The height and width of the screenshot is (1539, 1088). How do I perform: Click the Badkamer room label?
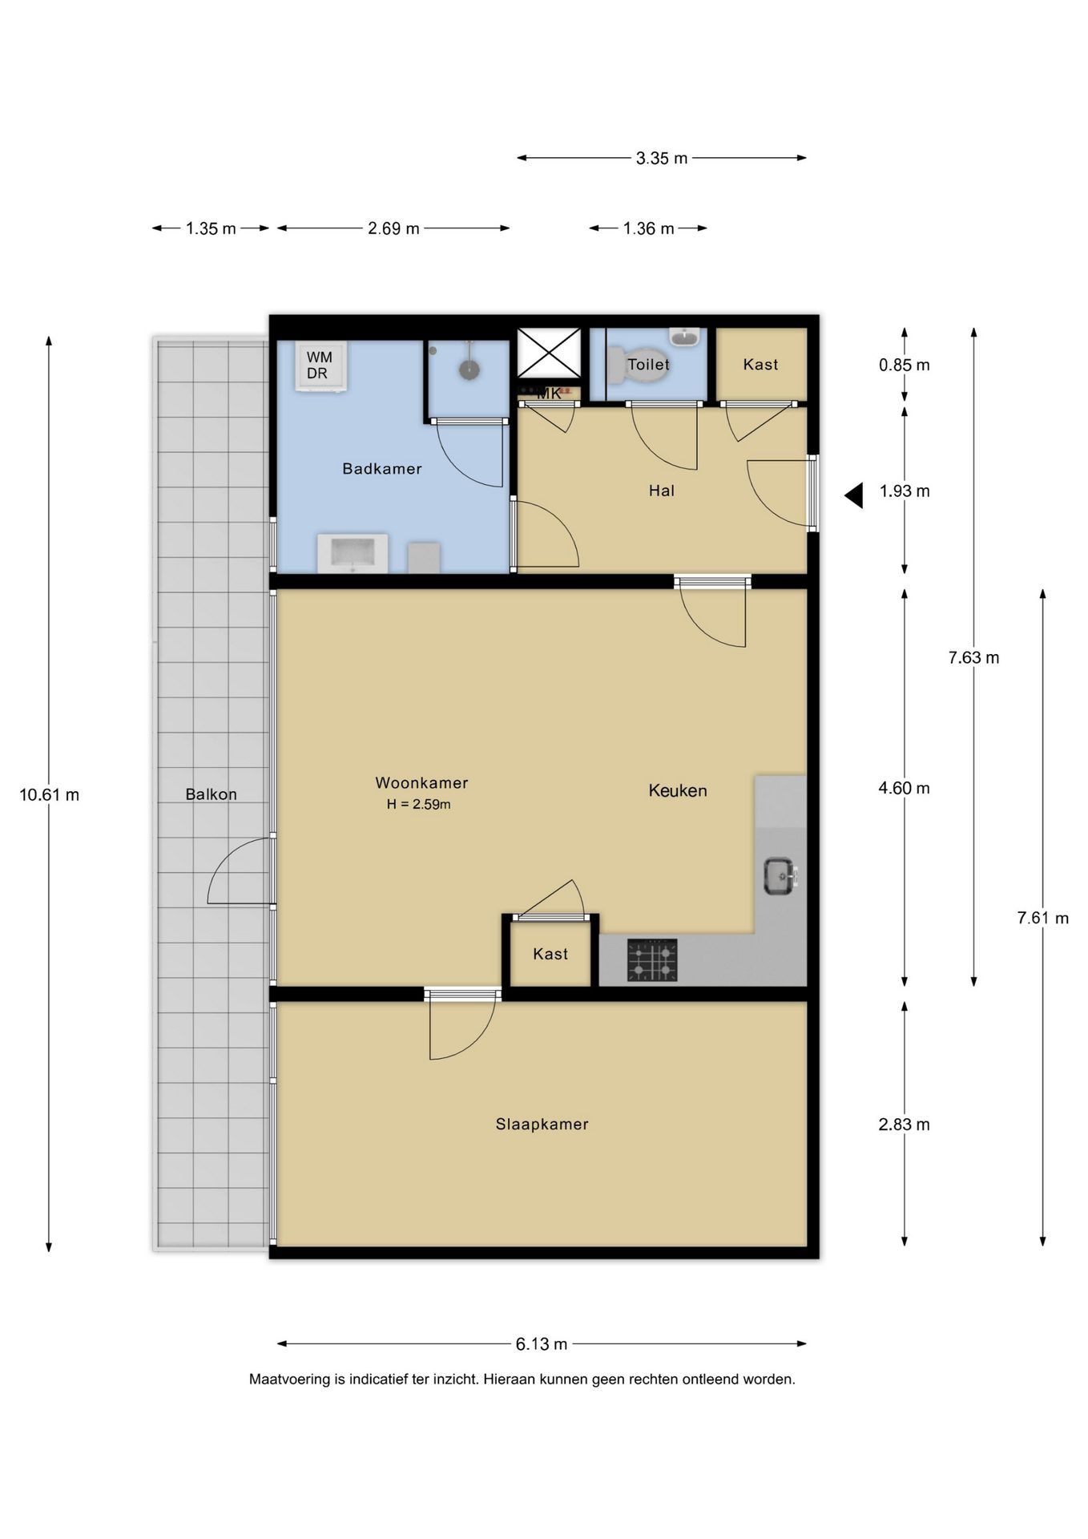pos(381,469)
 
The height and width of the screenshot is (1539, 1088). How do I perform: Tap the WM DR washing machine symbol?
pos(320,366)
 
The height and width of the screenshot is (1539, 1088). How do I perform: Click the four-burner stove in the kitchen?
pos(652,959)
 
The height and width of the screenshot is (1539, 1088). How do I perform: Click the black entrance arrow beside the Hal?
pos(854,495)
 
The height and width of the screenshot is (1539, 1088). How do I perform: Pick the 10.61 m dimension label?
pos(50,795)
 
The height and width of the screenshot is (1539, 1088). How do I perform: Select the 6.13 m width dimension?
pos(542,1344)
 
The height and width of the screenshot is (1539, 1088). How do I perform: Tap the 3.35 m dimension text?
pos(662,159)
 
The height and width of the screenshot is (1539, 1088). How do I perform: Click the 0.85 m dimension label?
pos(905,366)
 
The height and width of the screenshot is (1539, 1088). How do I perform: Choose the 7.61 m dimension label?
pos(1043,919)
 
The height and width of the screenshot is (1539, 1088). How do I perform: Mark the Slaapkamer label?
pos(542,1125)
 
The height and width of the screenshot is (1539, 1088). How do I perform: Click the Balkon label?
pos(212,794)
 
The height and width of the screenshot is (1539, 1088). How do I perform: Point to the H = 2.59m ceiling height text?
pos(418,804)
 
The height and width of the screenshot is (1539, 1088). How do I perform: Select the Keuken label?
pos(678,791)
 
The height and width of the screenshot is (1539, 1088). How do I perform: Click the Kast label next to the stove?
pos(550,954)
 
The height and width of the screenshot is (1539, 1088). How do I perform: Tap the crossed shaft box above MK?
pos(549,353)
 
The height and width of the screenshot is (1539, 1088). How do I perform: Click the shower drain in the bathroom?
pos(469,370)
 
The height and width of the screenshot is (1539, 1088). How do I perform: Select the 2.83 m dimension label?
pos(905,1125)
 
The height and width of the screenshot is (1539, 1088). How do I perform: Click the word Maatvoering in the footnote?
pos(290,1379)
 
